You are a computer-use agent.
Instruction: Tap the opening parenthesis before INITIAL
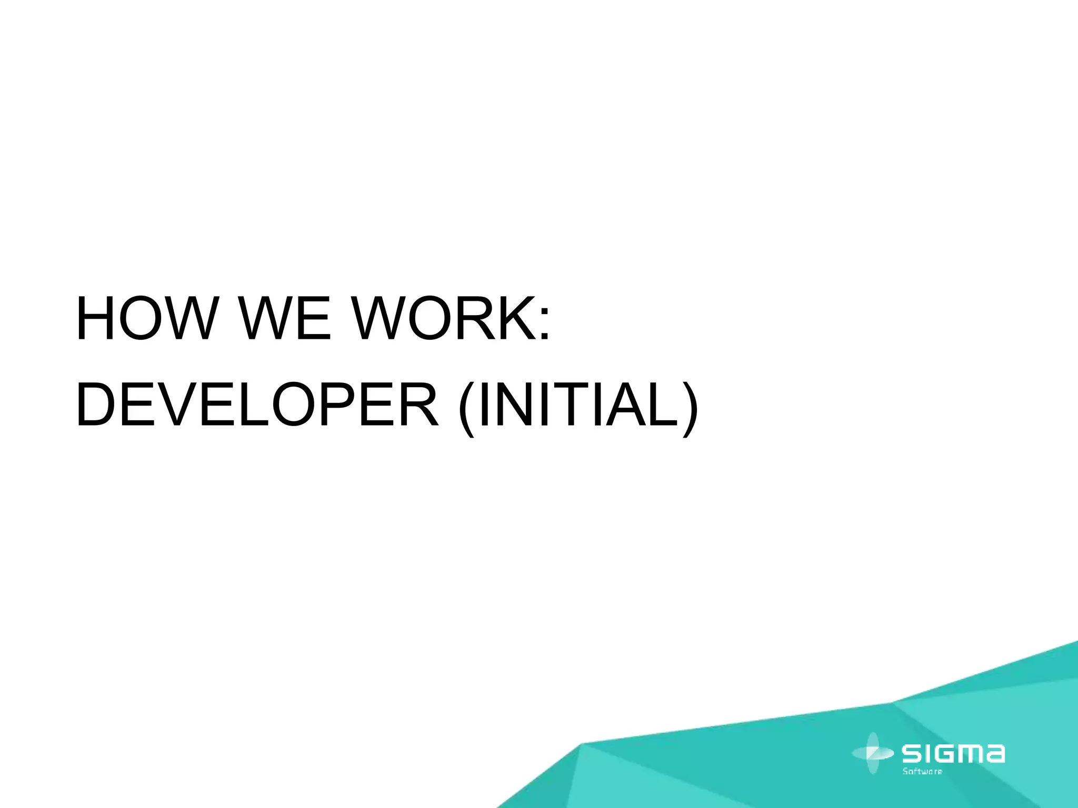pyautogui.click(x=467, y=408)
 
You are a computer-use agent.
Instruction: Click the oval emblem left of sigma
pyautogui.click(x=872, y=753)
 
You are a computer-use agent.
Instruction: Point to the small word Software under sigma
pyautogui.click(x=922, y=772)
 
